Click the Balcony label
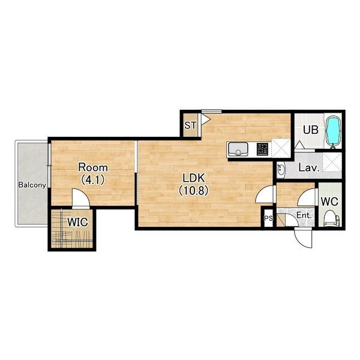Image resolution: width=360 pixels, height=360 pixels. [32, 185]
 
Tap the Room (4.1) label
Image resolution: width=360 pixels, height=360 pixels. [93, 173]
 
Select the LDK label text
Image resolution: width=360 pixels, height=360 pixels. [194, 178]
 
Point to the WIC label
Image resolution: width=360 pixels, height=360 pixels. [77, 222]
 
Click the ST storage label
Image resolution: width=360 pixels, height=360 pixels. [191, 125]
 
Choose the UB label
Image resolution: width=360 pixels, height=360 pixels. [311, 130]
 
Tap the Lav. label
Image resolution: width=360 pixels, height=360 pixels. [309, 168]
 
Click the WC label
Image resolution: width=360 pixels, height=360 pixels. [329, 202]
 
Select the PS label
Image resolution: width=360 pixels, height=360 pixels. [268, 218]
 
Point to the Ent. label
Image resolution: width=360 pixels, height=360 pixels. [304, 215]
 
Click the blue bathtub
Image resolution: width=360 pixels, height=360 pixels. [334, 131]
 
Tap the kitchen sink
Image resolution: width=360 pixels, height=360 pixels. [238, 149]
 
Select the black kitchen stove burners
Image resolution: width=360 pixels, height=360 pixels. [262, 149]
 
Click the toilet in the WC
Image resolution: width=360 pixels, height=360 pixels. [331, 218]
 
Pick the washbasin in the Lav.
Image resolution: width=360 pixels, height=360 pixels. [281, 170]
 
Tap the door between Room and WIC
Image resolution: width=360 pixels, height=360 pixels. [80, 199]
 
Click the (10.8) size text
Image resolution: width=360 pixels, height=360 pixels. [194, 190]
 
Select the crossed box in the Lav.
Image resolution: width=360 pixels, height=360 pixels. [332, 162]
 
